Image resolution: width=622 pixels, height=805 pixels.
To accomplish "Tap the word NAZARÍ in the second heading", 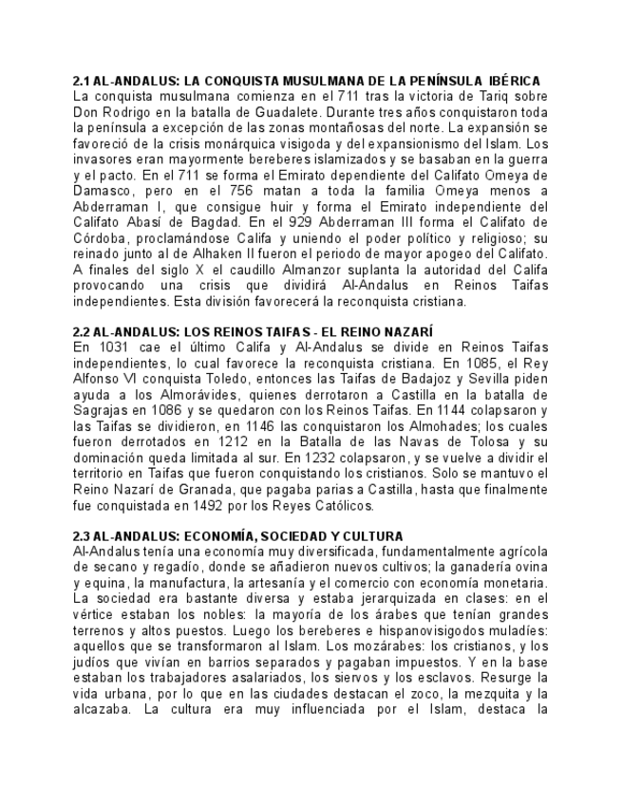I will pos(408,331).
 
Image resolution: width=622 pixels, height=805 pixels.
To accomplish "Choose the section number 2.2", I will pos(83,331).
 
